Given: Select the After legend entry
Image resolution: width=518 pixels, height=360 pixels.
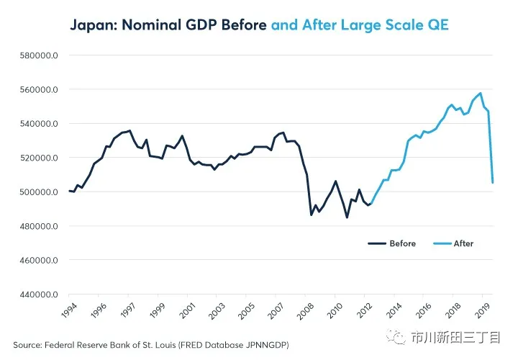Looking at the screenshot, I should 463,243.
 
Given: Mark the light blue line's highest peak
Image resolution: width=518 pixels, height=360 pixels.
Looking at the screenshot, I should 480,93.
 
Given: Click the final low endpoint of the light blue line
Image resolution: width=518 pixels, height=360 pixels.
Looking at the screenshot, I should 493,183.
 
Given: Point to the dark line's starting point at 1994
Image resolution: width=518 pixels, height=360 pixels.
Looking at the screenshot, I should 69,191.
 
